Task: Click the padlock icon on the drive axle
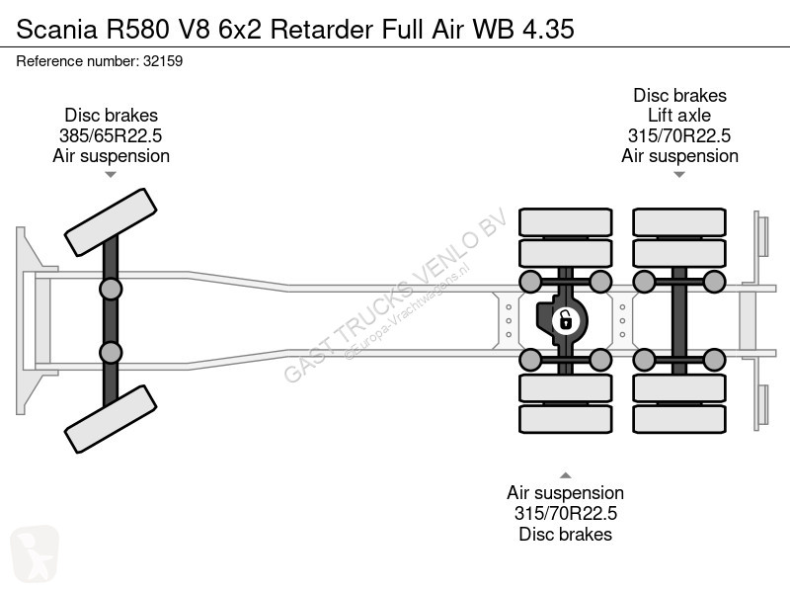coord(565,320)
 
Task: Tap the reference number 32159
coord(163,61)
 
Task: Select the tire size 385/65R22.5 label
coord(111,135)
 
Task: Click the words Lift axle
coord(679,116)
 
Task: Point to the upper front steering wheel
coord(111,222)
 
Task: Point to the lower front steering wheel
coord(111,419)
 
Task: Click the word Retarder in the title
coord(322,29)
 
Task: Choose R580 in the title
coord(137,29)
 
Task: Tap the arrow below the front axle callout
coord(111,175)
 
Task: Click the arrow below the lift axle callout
coord(679,175)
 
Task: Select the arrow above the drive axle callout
coord(565,475)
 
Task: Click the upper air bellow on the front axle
coord(111,290)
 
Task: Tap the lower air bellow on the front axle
coord(111,353)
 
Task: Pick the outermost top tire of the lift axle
coord(679,222)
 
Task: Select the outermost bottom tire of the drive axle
coord(565,419)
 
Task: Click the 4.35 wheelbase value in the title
coord(548,29)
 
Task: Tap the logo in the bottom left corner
coord(35,553)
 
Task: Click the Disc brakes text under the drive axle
coord(565,534)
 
